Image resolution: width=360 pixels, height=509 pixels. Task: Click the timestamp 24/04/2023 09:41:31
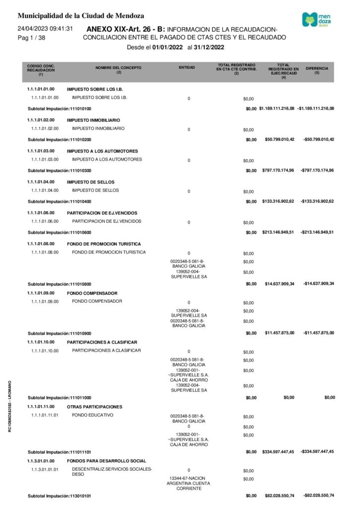click(x=46, y=29)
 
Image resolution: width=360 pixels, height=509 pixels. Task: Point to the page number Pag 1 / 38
click(x=31, y=38)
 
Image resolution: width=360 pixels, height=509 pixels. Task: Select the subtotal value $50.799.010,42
click(x=280, y=139)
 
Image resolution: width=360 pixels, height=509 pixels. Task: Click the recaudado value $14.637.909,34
click(x=280, y=284)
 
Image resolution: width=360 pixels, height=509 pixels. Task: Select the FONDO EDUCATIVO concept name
click(x=93, y=415)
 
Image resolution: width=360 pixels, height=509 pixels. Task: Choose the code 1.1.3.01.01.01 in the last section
click(x=45, y=469)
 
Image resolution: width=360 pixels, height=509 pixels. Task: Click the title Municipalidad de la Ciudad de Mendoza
click(x=81, y=16)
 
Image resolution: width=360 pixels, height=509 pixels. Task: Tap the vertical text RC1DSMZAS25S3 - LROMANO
click(x=10, y=413)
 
